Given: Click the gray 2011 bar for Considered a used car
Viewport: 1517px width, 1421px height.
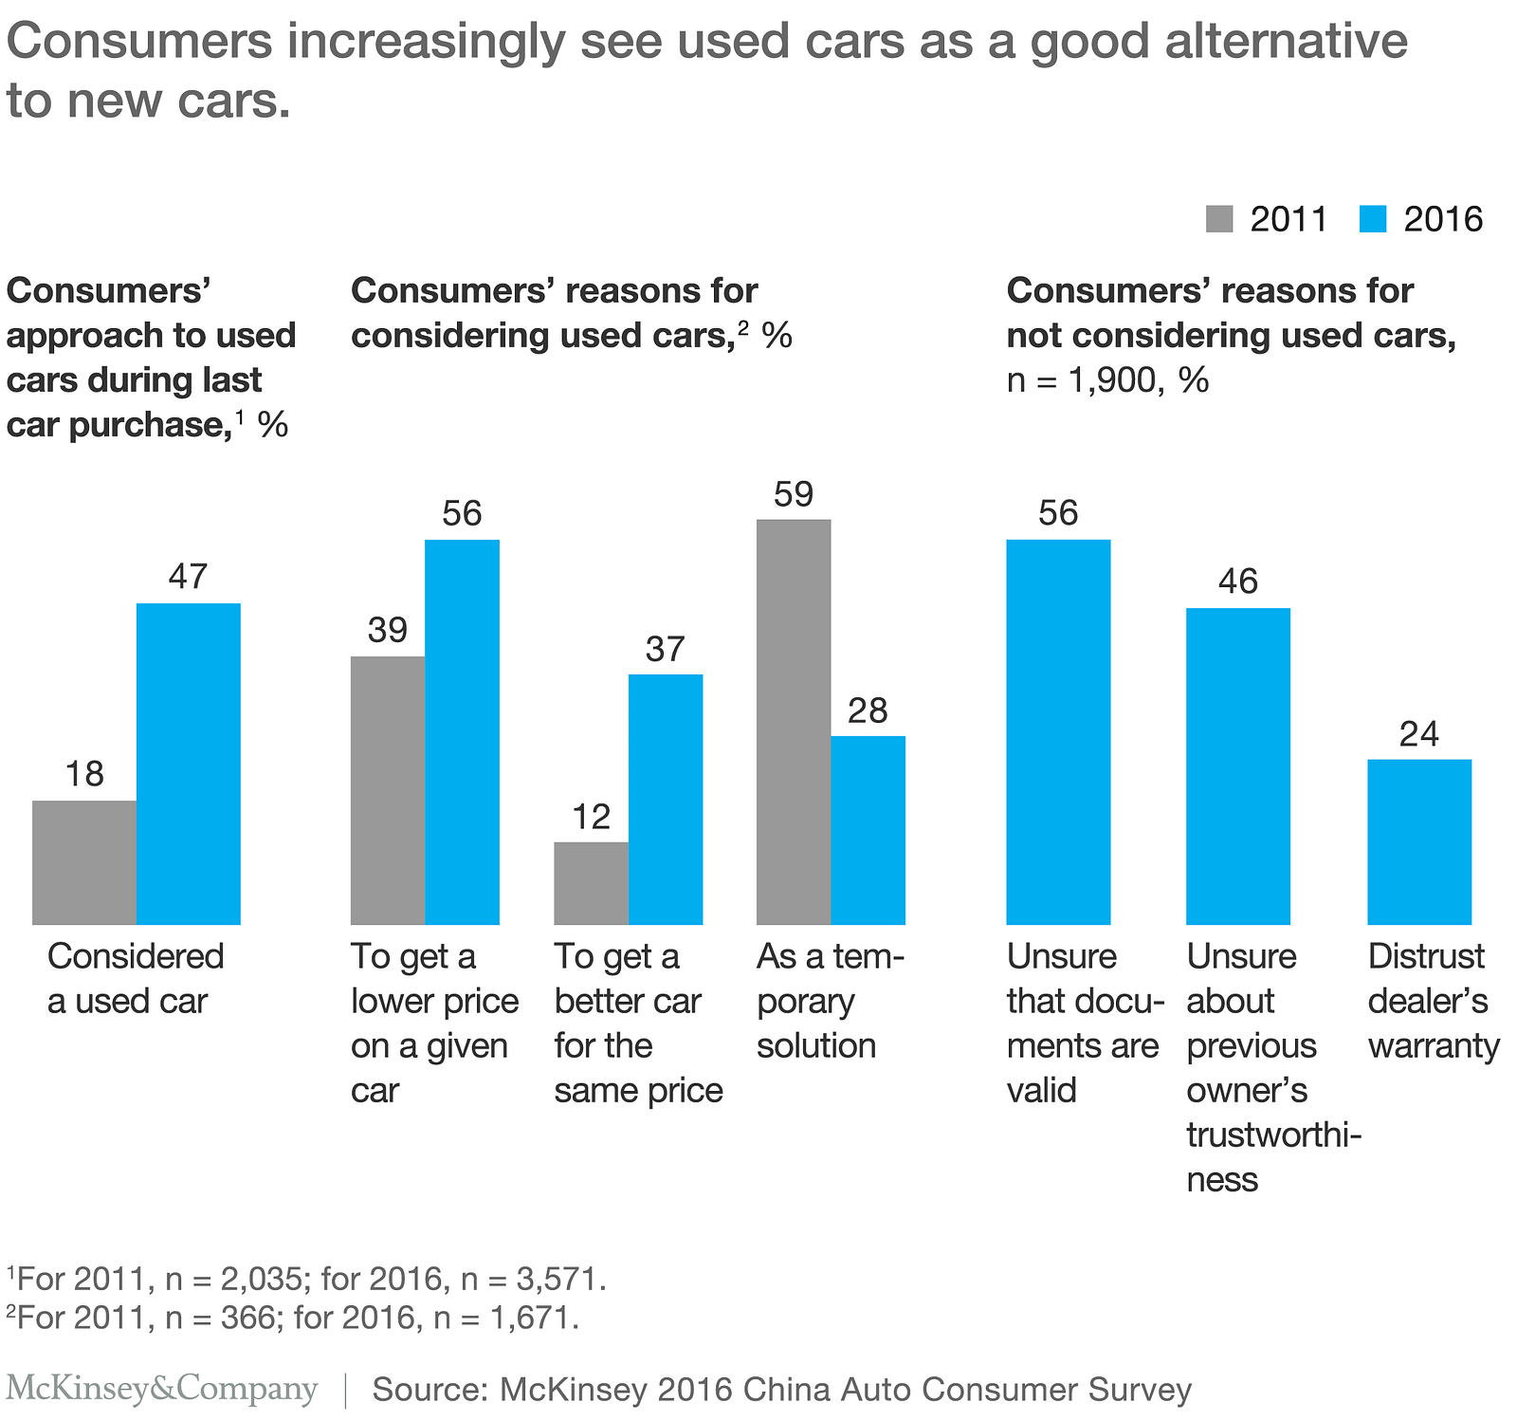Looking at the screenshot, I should [84, 862].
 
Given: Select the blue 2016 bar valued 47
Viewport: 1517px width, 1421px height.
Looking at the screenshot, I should [188, 764].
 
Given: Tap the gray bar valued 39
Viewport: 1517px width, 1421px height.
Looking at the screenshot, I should [388, 790].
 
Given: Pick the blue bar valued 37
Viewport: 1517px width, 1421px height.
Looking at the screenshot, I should [666, 800].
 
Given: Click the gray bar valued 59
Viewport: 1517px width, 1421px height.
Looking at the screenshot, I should [794, 722].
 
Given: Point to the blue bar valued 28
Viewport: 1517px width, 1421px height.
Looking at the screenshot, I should [868, 830].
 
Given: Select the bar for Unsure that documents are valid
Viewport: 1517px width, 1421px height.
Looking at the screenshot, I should [1058, 731].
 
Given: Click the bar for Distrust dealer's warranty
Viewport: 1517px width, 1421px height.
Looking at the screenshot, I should [1419, 841].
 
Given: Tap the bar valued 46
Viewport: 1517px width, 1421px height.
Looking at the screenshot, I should [1238, 766].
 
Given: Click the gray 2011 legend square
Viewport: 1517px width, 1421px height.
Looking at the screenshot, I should [1219, 219].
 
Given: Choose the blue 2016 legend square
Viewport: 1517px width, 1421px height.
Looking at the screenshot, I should [1373, 219].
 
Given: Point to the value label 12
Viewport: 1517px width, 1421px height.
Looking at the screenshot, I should [592, 817].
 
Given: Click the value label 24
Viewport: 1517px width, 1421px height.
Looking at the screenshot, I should [1419, 734].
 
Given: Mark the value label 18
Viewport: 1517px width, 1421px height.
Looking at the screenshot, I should [84, 775].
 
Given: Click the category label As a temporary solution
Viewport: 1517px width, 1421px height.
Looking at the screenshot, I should [830, 1002].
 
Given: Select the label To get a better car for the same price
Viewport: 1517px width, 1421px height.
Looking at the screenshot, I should [638, 1024].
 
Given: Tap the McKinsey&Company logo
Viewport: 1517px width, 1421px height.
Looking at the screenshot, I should [162, 1389].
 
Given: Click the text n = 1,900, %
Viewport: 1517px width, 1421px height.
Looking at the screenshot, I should [1107, 380].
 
